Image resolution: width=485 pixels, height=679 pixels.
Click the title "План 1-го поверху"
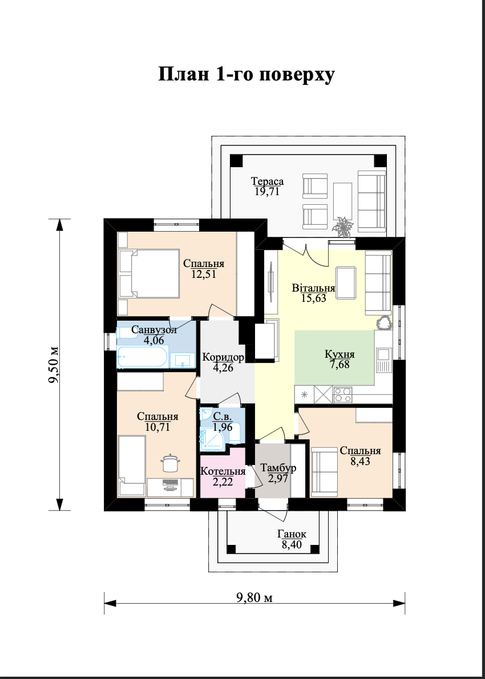pos(246,75)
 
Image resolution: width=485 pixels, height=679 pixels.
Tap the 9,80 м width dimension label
pos(254,598)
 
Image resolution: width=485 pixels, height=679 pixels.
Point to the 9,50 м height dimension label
pos(54,365)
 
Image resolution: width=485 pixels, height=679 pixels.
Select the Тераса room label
pos(268,181)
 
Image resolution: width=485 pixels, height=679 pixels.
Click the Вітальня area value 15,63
pos(313,297)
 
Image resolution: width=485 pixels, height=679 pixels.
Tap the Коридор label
pos(223,358)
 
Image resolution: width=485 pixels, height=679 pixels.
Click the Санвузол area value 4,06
pos(154,341)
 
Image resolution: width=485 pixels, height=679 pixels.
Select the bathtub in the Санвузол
pos(142,357)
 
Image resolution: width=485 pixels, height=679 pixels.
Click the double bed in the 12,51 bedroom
pos(149,274)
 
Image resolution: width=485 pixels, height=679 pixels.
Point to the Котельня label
pos(223,471)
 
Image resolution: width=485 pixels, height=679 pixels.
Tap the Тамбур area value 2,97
pos(277,478)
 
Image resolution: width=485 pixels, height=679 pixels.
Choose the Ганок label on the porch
pos(292,534)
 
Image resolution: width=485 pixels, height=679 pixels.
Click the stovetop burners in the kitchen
pos(342,394)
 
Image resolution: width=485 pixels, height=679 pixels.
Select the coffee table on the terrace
pos(342,202)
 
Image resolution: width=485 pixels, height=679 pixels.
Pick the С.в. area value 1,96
pos(223,427)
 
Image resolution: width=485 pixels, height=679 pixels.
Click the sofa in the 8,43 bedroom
pos(324,471)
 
